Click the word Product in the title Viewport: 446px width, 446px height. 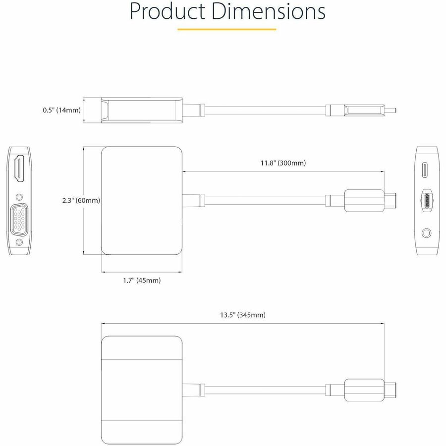click(167, 11)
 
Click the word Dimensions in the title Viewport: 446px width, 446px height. click(269, 11)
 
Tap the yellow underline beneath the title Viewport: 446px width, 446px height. click(226, 29)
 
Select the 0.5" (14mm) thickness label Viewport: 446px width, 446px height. click(62, 110)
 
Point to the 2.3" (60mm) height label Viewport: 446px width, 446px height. click(81, 201)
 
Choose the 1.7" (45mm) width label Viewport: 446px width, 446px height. click(142, 280)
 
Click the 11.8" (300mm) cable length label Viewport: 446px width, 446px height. click(283, 163)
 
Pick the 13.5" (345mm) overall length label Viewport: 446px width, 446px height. click(243, 315)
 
